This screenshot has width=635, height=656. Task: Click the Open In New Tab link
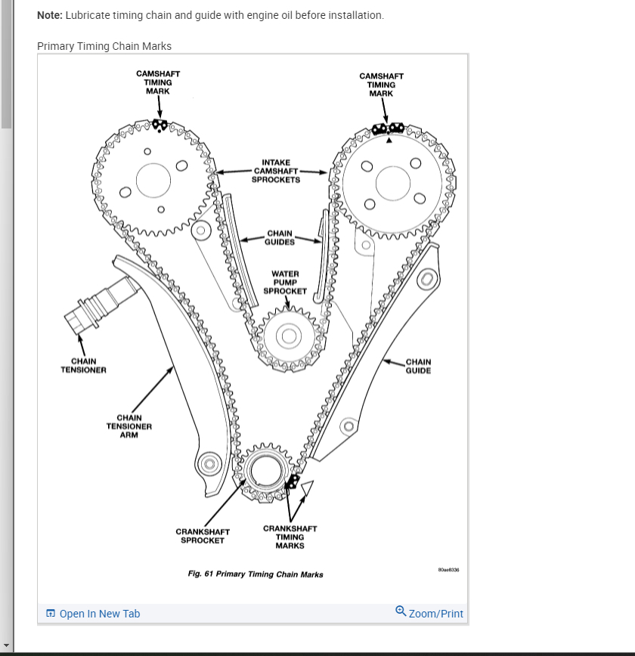tap(93, 614)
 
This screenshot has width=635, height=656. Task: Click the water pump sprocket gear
tap(288, 336)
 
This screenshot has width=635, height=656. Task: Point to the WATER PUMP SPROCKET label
tap(285, 283)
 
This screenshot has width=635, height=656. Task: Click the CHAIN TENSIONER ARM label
tap(129, 426)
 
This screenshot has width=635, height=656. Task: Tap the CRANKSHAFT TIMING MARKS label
tap(290, 537)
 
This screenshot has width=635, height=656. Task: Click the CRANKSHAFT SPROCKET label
tap(203, 536)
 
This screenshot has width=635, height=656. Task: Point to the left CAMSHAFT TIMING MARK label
tap(158, 82)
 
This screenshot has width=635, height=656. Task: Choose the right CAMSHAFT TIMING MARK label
tap(381, 85)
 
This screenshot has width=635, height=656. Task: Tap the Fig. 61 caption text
tap(256, 574)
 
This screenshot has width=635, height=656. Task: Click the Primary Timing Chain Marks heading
tap(104, 46)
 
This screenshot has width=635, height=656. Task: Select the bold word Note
tap(50, 15)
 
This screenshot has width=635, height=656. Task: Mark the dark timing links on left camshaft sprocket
tap(159, 124)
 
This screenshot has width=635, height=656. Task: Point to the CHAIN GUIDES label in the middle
tap(279, 238)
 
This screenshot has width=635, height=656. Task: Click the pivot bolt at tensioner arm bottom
tap(209, 463)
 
